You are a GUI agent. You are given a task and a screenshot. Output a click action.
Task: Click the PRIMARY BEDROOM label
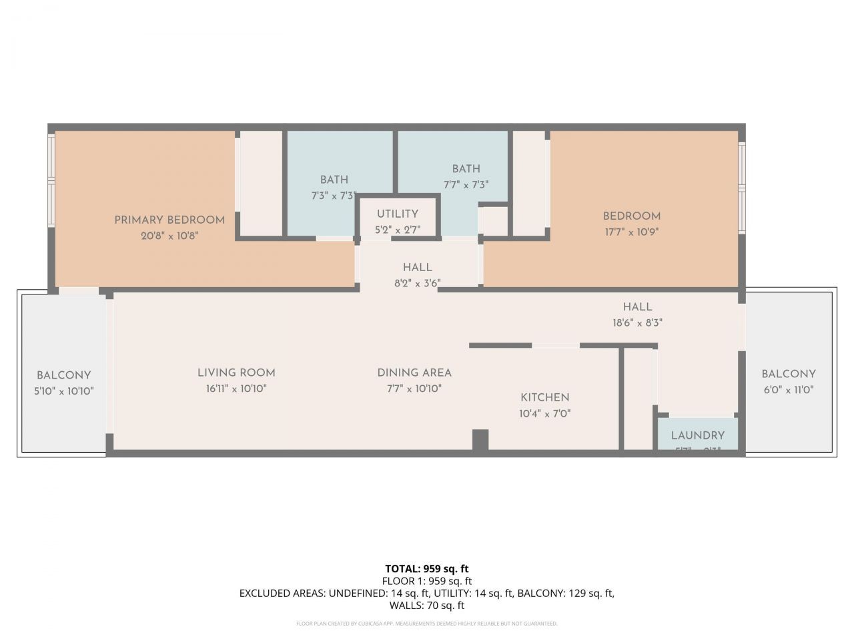tap(169, 220)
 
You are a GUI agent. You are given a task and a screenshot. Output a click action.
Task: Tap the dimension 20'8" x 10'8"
tap(169, 236)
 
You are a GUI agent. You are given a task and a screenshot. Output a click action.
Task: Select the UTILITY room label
tap(398, 214)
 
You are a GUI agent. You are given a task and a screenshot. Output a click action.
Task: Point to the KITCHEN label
tap(545, 397)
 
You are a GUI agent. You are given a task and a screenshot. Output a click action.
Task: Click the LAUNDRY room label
tap(697, 435)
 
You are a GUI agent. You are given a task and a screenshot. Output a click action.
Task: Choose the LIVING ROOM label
tap(236, 373)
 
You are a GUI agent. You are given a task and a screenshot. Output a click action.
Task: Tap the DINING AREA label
tap(414, 373)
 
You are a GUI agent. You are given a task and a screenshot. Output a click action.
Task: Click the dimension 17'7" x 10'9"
tap(632, 232)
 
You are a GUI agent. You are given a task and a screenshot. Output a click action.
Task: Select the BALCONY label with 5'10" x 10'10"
tap(64, 375)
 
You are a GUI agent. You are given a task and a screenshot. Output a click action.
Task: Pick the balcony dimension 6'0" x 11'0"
tap(789, 390)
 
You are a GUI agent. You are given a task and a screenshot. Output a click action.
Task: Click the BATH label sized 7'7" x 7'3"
tap(466, 169)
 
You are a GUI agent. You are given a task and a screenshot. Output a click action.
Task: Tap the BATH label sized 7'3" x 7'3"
tap(334, 180)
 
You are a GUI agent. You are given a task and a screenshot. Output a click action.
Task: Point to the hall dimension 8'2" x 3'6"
tap(418, 283)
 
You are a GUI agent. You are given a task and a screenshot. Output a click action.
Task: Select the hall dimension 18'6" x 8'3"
tap(637, 323)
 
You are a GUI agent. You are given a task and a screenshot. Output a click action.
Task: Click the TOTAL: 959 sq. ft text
tap(427, 569)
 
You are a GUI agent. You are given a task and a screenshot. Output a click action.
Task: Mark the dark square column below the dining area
tap(480, 440)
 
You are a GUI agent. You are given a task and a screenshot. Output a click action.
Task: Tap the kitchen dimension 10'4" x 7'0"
tap(545, 413)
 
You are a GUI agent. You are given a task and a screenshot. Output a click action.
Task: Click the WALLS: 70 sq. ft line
tap(427, 606)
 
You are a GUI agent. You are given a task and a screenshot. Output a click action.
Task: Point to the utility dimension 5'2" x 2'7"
tap(398, 230)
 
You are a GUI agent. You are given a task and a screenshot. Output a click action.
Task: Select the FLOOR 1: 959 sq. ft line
tap(427, 581)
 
